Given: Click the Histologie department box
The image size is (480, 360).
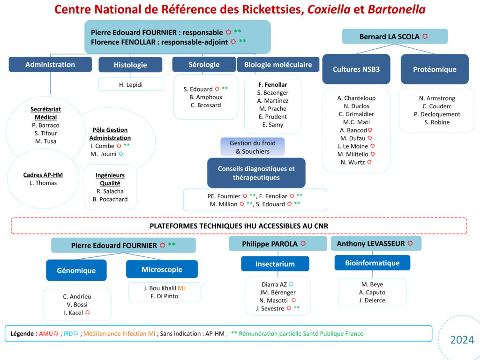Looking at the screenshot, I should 130,65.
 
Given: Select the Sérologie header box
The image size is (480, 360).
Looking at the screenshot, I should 204,65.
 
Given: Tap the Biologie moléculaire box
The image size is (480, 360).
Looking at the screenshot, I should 278,65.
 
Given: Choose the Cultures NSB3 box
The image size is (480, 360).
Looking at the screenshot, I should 356,69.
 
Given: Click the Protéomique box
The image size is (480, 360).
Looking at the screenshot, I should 435,69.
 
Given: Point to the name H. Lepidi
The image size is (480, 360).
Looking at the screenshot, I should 130,84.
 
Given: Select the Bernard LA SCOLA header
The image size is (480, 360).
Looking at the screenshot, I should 395,37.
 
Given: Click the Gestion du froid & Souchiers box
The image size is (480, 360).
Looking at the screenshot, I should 253,147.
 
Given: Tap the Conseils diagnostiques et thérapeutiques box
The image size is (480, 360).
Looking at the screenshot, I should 256,173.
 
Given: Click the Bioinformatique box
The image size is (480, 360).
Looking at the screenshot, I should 372,263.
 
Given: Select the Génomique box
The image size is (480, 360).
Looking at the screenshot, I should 76,270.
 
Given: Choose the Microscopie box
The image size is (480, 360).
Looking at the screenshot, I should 162,270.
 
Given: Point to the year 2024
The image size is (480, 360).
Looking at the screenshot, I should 462,340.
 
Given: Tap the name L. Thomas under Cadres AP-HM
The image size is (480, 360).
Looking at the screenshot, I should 43,183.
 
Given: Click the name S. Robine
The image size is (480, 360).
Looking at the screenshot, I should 437,122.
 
